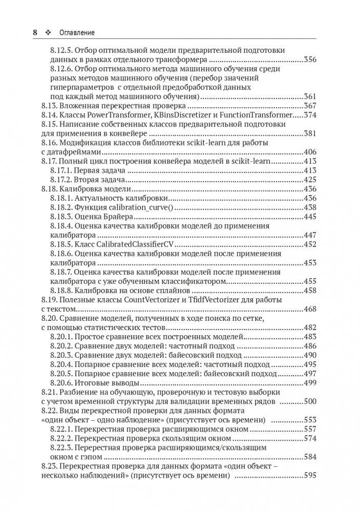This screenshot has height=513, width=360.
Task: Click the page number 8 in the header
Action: (x=35, y=32)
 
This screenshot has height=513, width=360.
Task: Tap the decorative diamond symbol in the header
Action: (x=49, y=32)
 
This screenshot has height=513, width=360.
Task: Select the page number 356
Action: (x=310, y=59)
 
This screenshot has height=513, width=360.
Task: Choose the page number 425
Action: (x=310, y=179)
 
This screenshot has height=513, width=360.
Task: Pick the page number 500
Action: (x=310, y=401)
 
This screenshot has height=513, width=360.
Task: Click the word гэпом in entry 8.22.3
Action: (x=92, y=456)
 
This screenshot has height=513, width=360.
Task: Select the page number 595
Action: (x=310, y=475)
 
